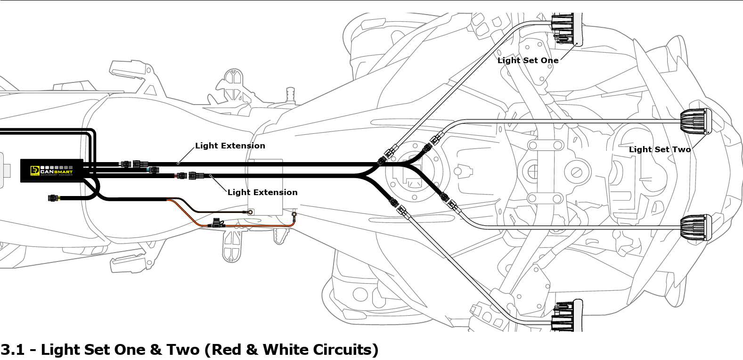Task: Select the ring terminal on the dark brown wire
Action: tap(250, 213)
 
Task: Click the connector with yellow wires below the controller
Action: tap(53, 198)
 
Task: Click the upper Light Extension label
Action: tap(230, 146)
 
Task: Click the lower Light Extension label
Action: tap(262, 192)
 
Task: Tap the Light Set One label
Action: tap(528, 60)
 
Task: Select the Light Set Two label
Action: tap(660, 149)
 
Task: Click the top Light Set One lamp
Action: tap(567, 29)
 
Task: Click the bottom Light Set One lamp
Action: tap(567, 315)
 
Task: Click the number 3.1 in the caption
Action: tap(12, 350)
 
